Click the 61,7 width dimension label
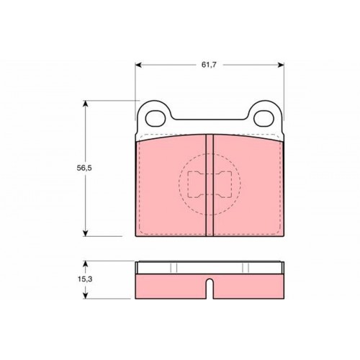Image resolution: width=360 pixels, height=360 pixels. click(209, 65)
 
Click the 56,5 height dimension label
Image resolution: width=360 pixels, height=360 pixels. click(84, 168)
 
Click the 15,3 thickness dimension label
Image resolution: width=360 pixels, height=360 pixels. click(85, 279)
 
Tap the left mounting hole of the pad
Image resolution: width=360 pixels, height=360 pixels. click(156, 119)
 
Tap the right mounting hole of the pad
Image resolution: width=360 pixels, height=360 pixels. click(264, 119)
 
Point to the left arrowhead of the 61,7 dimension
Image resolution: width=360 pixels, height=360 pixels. click(138, 65)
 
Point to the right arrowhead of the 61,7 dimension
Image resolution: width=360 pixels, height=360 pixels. click(281, 65)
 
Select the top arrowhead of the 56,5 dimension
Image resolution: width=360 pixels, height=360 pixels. click(85, 104)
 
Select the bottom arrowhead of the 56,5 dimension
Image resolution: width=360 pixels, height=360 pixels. click(85, 233)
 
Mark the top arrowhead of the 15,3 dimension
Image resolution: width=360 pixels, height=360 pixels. click(85, 264)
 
